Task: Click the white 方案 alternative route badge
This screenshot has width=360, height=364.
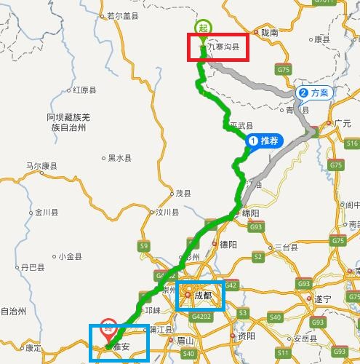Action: (313, 93)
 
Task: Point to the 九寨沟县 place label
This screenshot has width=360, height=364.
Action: (223, 49)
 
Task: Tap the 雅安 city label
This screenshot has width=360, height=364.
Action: (120, 347)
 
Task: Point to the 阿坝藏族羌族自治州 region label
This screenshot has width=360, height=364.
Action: (68, 122)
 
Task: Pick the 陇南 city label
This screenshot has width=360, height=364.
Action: (270, 33)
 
